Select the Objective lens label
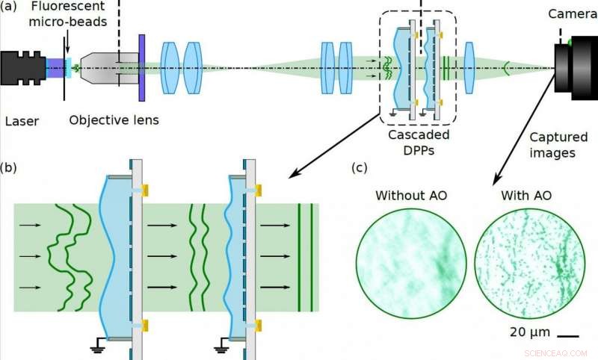pyautogui.click(x=114, y=120)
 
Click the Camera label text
pyautogui.click(x=573, y=14)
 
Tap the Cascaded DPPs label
pyautogui.click(x=419, y=142)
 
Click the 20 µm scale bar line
pyautogui.click(x=569, y=335)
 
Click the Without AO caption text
pyautogui.click(x=410, y=196)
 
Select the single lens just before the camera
pyautogui.click(x=469, y=66)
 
